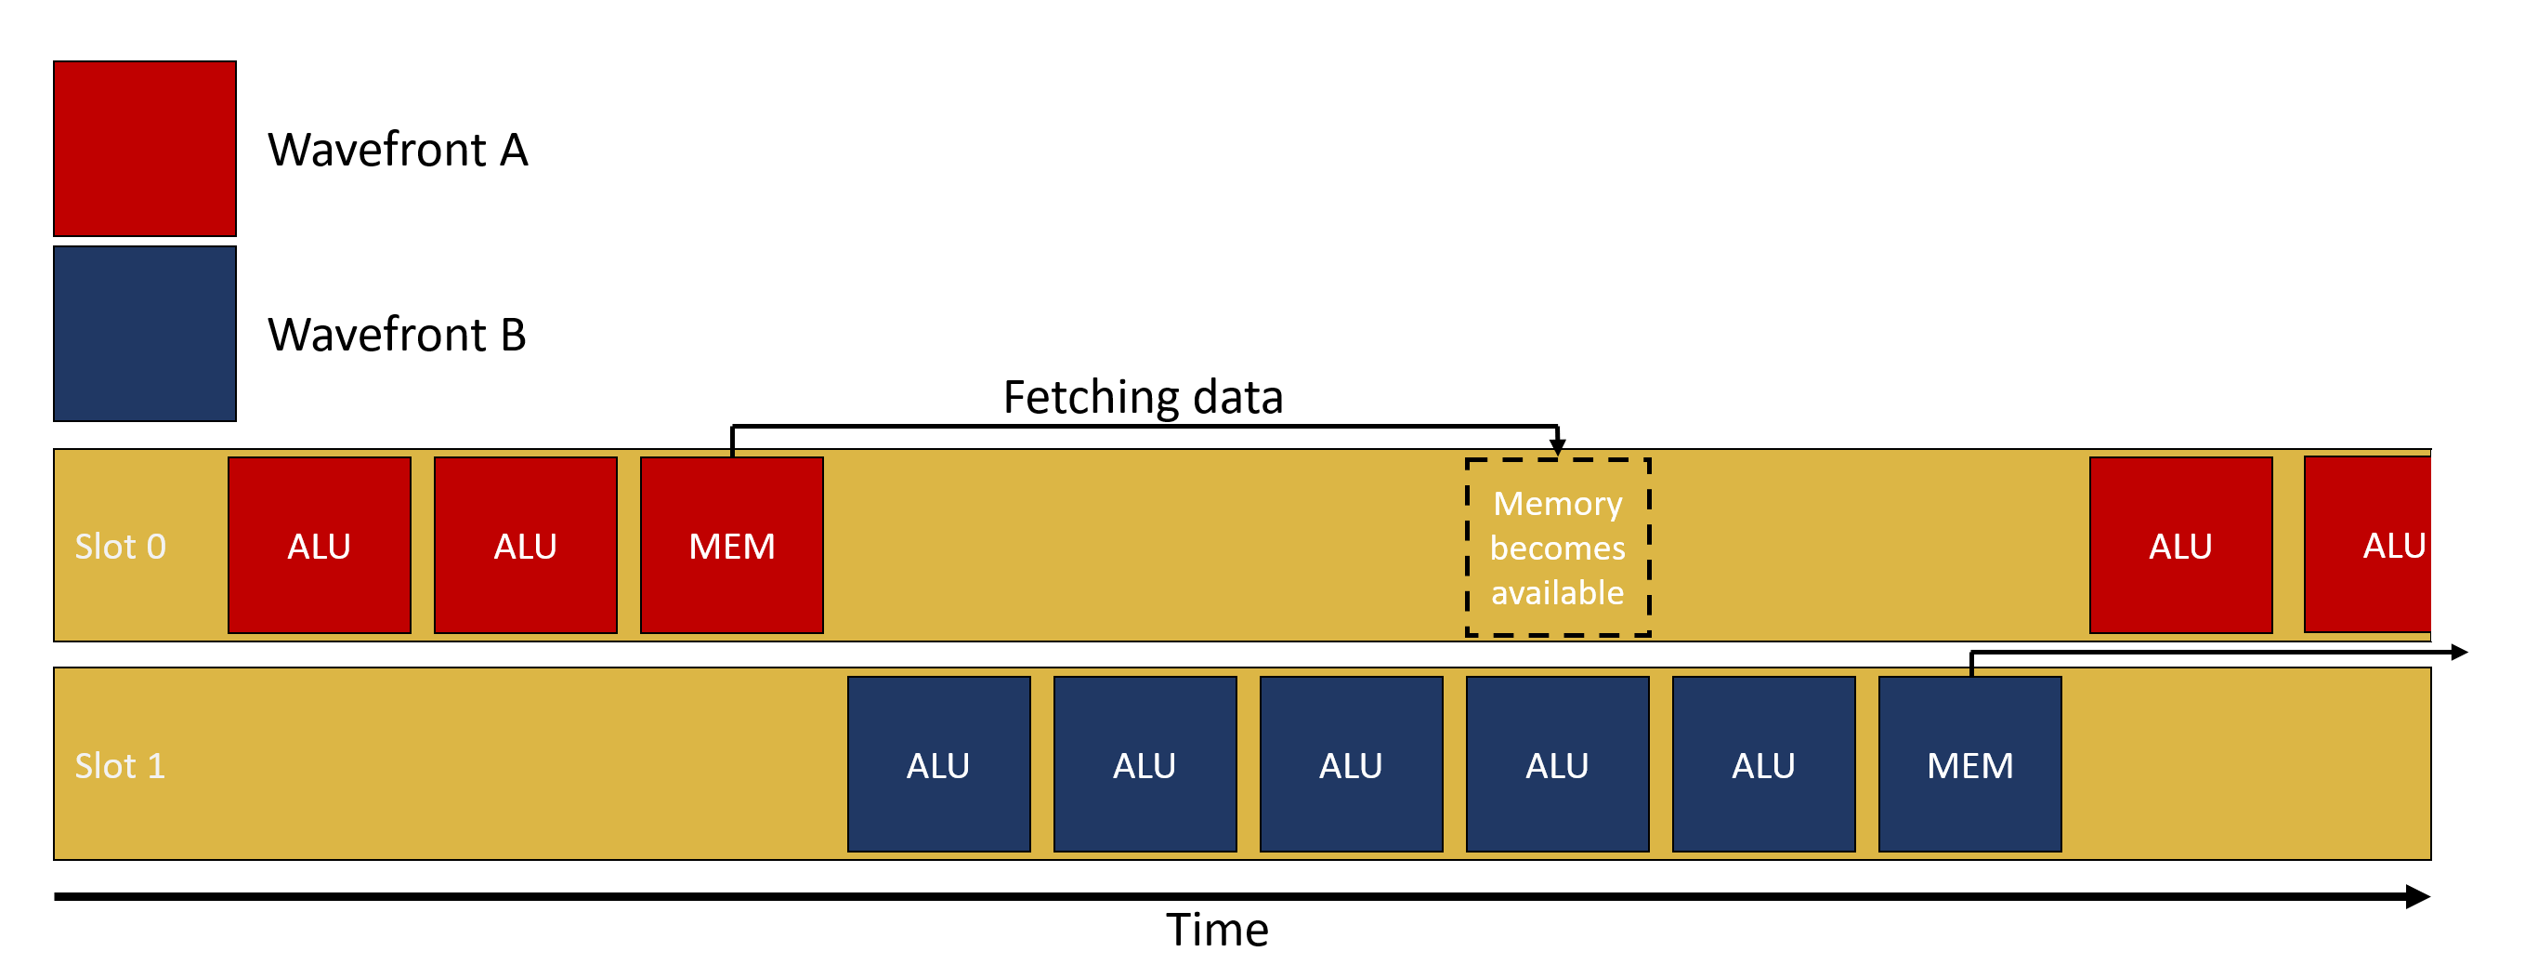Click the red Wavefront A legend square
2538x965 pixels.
(145, 149)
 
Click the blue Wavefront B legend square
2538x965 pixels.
(145, 334)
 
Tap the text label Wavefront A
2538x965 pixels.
(398, 151)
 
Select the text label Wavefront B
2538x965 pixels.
(397, 335)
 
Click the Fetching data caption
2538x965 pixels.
(1143, 397)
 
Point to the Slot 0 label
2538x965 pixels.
(120, 547)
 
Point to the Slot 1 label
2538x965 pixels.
(120, 766)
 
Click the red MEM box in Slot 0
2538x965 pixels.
(732, 546)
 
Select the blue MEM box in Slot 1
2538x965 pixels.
(1969, 765)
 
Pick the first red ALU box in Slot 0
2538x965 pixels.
(320, 546)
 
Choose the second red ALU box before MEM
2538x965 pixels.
(525, 546)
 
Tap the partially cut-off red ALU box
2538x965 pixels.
(2368, 545)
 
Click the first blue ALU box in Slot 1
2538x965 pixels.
(938, 765)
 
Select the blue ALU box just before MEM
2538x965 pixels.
(1763, 765)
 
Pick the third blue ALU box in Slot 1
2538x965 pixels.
(1351, 765)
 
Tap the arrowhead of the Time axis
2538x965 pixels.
(2419, 897)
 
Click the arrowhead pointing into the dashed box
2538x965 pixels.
(1558, 447)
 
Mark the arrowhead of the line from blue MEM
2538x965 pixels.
(2459, 653)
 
